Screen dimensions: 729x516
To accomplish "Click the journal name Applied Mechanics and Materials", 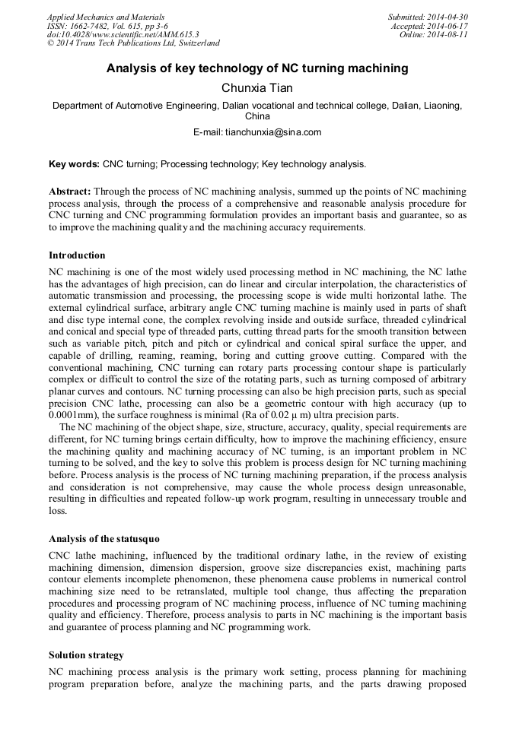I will point(105,17).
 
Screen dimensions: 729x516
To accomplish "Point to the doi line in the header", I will point(123,35).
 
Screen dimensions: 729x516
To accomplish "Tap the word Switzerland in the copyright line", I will point(195,44).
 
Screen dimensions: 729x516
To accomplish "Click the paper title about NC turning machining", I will point(257,69).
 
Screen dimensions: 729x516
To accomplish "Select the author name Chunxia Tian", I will point(257,89).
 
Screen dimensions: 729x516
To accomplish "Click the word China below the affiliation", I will point(257,117).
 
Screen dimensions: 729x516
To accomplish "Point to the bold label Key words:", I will point(74,163).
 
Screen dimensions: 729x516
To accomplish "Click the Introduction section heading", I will point(77,255).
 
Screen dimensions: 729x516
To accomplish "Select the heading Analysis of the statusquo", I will point(104,538).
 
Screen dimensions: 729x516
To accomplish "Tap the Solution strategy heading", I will point(86,655).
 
